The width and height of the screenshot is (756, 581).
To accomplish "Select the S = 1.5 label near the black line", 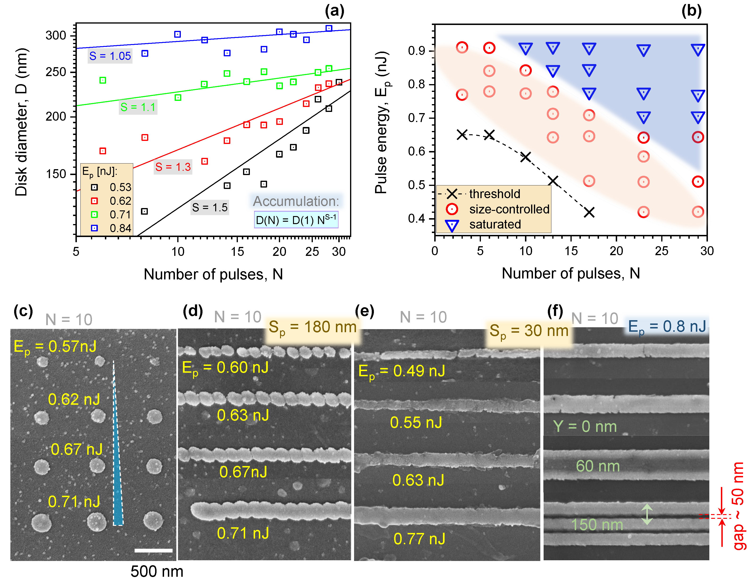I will pos(209,208).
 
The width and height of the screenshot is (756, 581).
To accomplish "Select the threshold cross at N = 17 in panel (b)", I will pos(589,212).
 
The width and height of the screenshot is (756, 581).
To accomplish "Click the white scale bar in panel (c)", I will pos(153,550).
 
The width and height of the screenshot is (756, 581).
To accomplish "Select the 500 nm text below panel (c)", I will pos(157,572).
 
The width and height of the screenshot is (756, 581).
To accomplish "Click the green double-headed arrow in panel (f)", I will pos(647,514).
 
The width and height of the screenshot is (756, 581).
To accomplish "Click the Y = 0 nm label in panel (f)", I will pos(585,427).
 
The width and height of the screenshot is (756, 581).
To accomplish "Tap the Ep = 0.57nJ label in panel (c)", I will pos(55,347).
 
